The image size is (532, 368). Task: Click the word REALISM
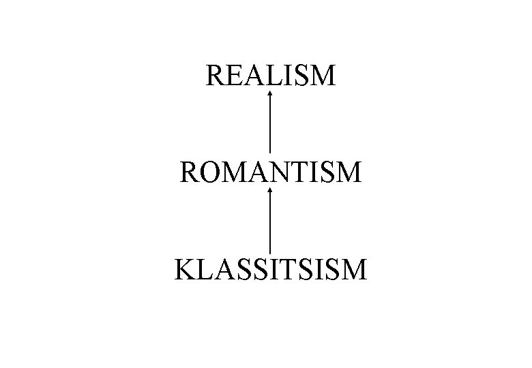(271, 75)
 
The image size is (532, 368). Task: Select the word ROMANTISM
(271, 172)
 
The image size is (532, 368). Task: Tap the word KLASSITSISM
(271, 269)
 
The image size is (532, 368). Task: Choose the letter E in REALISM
(236, 75)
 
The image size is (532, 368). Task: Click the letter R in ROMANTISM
(191, 172)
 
